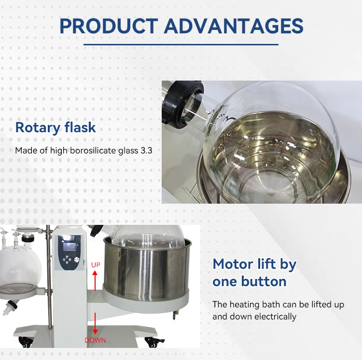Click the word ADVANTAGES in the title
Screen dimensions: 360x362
(x=234, y=26)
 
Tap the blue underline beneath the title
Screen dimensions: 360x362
(x=181, y=44)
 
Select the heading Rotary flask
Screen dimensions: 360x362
(x=56, y=128)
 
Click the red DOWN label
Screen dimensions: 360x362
(x=95, y=340)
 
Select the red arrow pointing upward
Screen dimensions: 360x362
(x=95, y=280)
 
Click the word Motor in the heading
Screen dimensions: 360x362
(x=234, y=264)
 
